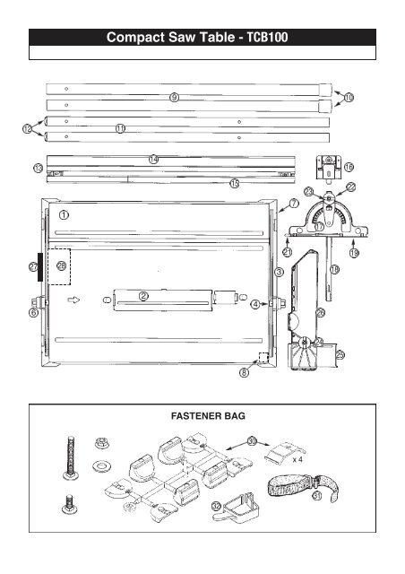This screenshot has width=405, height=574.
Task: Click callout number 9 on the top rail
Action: coord(174,96)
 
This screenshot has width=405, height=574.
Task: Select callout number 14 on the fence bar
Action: coord(153,159)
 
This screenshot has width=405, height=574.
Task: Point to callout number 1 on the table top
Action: coord(65,215)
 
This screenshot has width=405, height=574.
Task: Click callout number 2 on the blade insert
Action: coord(142,298)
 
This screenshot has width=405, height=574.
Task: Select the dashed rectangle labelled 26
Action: coord(61,265)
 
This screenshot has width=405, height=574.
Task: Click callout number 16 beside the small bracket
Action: coord(349,167)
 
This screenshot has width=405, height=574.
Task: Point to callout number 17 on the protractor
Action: coord(318,227)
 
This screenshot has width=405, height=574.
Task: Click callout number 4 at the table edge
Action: coord(255,304)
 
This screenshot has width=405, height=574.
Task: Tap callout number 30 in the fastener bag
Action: coord(252,441)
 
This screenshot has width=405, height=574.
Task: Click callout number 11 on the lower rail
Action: coord(120,128)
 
